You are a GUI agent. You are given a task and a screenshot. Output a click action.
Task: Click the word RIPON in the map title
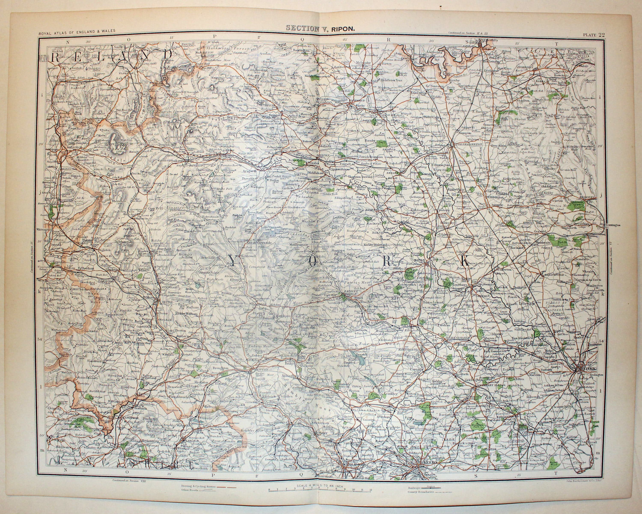click(344, 29)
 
